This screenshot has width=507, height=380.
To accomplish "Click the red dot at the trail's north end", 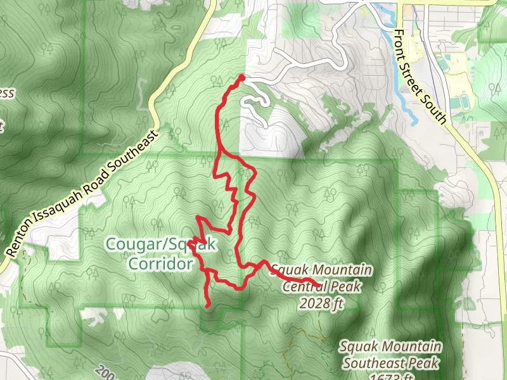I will click(x=241, y=78).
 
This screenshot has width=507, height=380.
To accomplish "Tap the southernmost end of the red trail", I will click(x=209, y=306).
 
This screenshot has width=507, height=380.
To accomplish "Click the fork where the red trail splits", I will click(x=219, y=153).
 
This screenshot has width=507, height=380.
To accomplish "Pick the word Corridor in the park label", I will click(x=160, y=263).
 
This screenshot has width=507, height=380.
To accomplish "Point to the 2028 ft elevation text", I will click(x=322, y=303).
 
